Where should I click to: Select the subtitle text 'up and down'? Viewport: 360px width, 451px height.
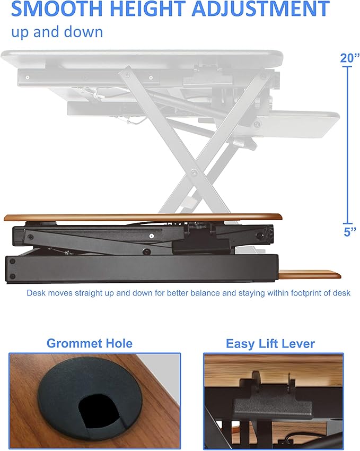(x=57, y=31)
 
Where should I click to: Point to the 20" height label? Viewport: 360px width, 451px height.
(x=350, y=58)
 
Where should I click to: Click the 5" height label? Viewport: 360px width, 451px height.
(x=349, y=232)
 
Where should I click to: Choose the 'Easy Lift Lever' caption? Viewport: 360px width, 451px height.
(x=270, y=344)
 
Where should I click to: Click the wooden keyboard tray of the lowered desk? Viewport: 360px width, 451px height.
(x=310, y=274)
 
